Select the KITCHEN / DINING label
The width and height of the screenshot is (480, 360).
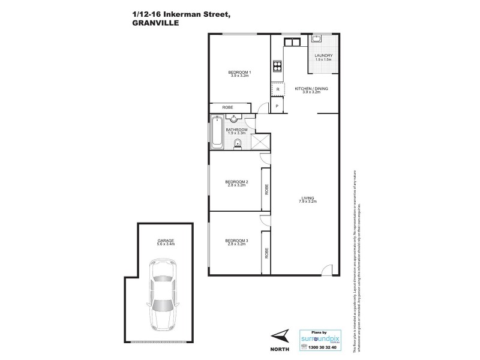pyautogui.click(x=311, y=90)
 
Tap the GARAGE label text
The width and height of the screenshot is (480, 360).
pyautogui.click(x=166, y=242)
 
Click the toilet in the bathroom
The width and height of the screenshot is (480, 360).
pyautogui.click(x=238, y=142)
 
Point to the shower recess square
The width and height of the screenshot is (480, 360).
pyautogui.click(x=261, y=143)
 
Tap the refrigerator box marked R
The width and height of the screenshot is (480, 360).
pyautogui.click(x=277, y=89)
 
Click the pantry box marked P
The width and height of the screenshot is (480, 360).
pyautogui.click(x=277, y=106)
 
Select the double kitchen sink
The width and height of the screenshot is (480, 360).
pyautogui.click(x=291, y=42)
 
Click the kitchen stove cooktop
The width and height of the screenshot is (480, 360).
pyautogui.click(x=277, y=67)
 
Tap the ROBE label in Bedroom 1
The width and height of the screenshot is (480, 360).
pyautogui.click(x=227, y=107)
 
